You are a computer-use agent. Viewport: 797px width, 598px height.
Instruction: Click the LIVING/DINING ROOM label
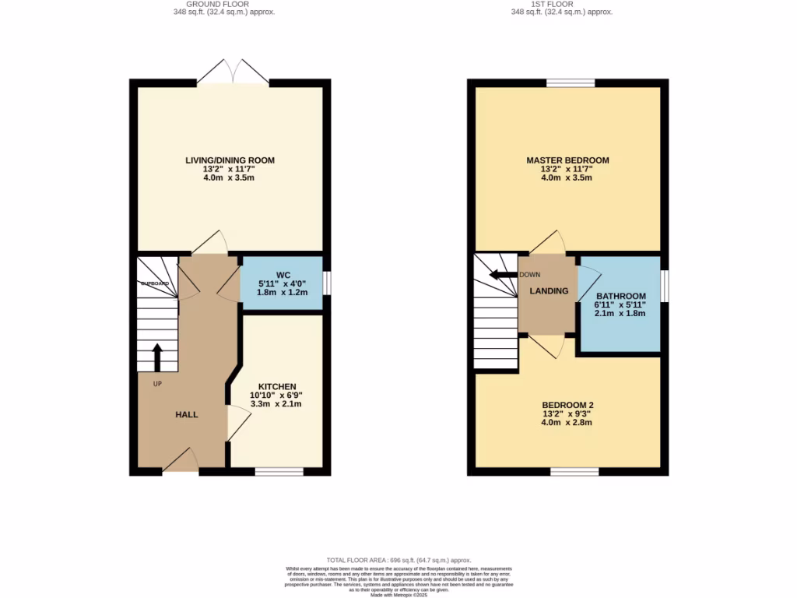tap(230, 160)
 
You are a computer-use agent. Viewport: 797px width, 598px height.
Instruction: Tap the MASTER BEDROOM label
tap(567, 160)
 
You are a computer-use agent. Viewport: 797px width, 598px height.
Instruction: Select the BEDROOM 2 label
tap(567, 405)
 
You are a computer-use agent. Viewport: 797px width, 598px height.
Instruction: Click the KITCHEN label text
tap(276, 386)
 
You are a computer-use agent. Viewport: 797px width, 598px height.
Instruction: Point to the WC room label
tap(283, 275)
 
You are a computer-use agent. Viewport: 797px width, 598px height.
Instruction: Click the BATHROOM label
tap(620, 296)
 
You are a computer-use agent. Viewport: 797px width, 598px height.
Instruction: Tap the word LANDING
tap(549, 291)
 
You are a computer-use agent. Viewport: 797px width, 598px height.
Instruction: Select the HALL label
tap(186, 414)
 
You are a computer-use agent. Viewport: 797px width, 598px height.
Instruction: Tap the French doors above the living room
tap(233, 72)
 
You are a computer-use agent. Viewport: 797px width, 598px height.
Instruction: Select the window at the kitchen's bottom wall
tap(279, 471)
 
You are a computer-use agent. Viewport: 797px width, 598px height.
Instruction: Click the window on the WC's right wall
tap(327, 283)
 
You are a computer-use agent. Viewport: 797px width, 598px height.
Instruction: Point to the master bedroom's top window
tap(570, 83)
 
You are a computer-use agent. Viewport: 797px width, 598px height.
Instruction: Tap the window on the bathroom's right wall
tap(665, 284)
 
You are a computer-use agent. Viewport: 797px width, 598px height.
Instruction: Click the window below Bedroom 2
tap(574, 471)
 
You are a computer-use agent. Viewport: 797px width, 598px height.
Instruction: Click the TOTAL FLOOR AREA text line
tap(398, 560)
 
